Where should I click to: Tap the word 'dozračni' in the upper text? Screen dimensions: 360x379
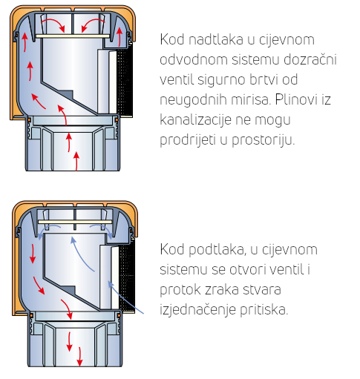(x=310, y=59)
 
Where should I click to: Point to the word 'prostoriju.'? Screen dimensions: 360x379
(x=264, y=140)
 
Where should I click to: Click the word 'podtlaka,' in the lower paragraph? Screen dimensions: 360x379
(x=217, y=250)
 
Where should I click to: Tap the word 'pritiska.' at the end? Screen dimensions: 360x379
(x=264, y=309)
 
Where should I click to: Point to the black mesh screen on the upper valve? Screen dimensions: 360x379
(x=124, y=81)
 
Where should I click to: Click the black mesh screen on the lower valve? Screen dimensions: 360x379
(x=127, y=277)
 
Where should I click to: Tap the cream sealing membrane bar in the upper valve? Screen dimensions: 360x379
(x=73, y=36)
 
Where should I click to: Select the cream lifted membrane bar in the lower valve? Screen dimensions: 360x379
(x=75, y=222)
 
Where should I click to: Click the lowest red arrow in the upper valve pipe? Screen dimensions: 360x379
(x=76, y=161)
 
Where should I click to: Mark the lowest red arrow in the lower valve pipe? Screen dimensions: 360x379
(x=79, y=357)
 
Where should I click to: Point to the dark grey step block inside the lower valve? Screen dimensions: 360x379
(x=68, y=290)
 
